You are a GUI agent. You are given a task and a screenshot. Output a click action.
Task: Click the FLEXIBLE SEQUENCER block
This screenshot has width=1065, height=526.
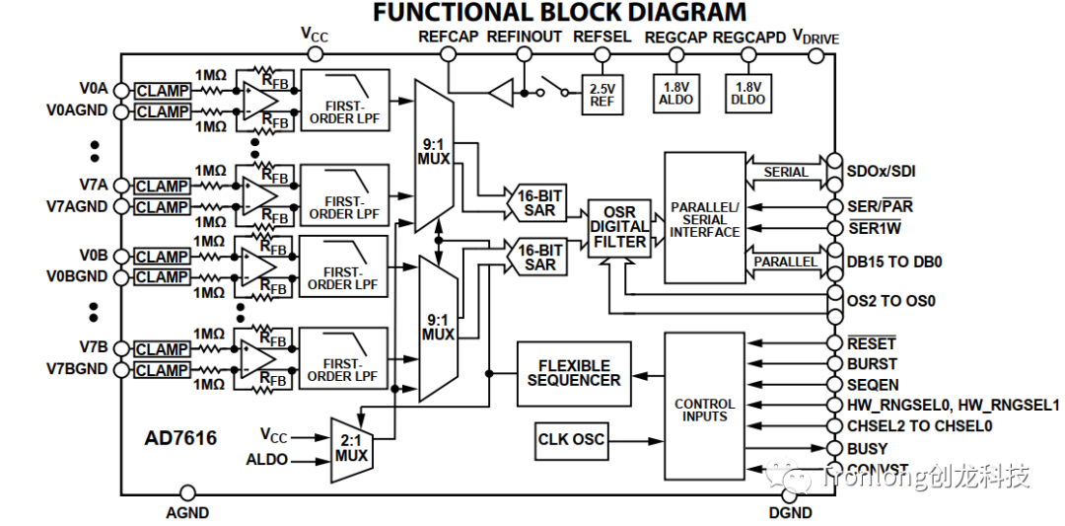point(574,373)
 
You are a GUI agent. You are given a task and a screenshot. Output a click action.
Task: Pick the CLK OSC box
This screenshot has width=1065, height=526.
point(571,439)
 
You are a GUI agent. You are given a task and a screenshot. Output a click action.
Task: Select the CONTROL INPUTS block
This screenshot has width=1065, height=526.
point(704,410)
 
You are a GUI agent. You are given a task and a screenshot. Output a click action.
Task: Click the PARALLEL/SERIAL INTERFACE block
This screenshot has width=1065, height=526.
point(704,219)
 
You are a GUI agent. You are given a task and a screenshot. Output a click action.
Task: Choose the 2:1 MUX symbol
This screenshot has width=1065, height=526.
point(350,449)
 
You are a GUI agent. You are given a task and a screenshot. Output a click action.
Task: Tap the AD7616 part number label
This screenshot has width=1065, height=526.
point(180,437)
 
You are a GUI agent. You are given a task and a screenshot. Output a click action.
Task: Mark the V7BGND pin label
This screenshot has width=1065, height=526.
point(80,370)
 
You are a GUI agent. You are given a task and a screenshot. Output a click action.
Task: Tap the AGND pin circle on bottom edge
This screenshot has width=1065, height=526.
point(187,492)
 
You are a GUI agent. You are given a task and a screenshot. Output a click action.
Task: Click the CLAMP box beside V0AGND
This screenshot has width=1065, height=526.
point(163,112)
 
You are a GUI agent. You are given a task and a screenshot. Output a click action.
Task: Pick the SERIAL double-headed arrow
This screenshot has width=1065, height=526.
point(785,172)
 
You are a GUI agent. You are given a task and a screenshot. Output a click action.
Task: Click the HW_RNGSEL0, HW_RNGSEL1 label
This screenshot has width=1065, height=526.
point(953,405)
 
